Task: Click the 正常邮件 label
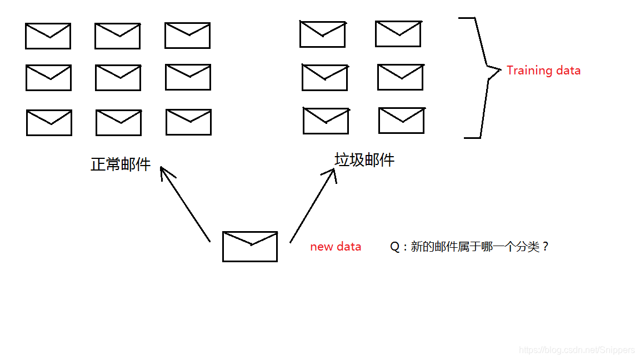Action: (121, 164)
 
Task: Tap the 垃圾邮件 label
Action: (364, 161)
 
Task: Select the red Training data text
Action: (543, 71)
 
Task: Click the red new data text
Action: (336, 247)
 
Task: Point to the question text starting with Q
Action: (469, 247)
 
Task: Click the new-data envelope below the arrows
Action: (250, 246)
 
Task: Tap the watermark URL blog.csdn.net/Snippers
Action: (576, 350)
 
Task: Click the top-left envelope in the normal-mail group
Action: (48, 36)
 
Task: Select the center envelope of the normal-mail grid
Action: (118, 78)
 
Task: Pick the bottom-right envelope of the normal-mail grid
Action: (188, 122)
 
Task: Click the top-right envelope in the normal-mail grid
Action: (187, 36)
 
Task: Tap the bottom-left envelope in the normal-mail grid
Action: (49, 123)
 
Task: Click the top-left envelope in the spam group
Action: (322, 34)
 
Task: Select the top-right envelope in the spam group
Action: (398, 34)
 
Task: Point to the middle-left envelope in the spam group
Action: (325, 77)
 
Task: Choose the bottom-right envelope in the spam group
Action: (401, 121)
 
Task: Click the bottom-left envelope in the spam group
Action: (326, 121)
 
